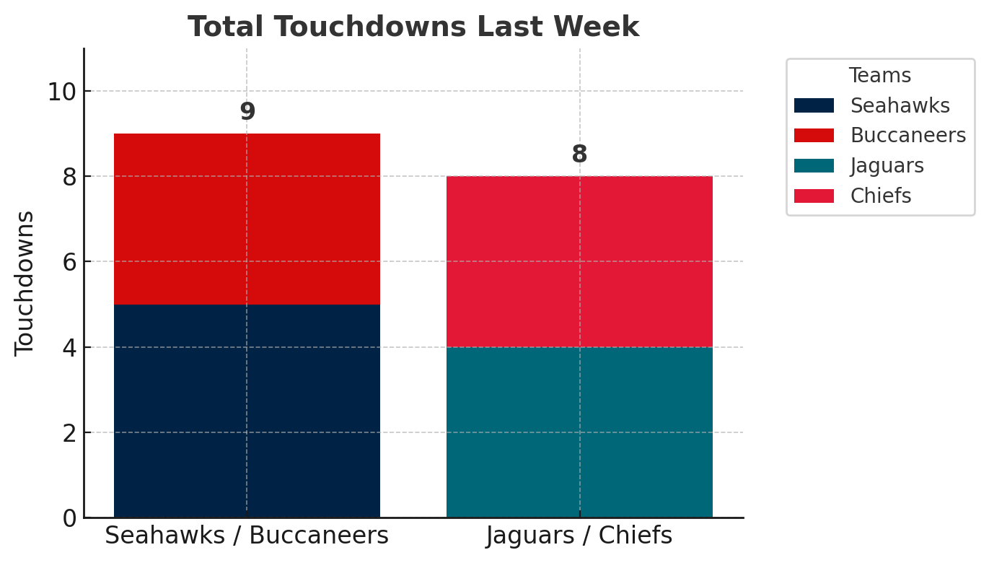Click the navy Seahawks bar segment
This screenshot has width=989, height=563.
pyautogui.click(x=247, y=411)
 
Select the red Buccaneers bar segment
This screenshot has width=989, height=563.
pyautogui.click(x=247, y=219)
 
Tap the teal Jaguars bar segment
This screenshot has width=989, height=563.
pyautogui.click(x=579, y=432)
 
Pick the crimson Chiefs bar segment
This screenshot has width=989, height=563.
pyautogui.click(x=579, y=261)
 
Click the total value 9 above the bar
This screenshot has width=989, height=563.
pyautogui.click(x=247, y=112)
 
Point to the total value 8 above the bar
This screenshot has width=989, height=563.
pyautogui.click(x=579, y=154)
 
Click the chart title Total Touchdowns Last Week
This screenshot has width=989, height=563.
pyautogui.click(x=413, y=27)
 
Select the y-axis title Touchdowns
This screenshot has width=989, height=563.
pyautogui.click(x=25, y=283)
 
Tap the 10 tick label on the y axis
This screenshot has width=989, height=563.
pyautogui.click(x=63, y=92)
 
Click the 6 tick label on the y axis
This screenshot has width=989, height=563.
pyautogui.click(x=69, y=262)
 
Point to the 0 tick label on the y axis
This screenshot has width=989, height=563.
pyautogui.click(x=69, y=518)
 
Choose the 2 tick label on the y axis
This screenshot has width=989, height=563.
pyautogui.click(x=69, y=433)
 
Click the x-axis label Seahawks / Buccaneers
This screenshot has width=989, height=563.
pyautogui.click(x=247, y=536)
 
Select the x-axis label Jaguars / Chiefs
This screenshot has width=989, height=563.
pyautogui.click(x=579, y=536)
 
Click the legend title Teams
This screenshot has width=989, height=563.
pyautogui.click(x=879, y=76)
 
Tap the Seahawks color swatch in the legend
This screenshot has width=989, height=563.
pyautogui.click(x=814, y=105)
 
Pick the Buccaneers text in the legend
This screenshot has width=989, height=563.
pyautogui.click(x=907, y=136)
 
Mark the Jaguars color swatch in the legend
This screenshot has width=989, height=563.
pyautogui.click(x=814, y=166)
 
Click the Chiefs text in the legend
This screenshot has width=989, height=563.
pyautogui.click(x=880, y=196)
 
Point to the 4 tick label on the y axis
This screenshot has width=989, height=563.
pyautogui.click(x=69, y=347)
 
